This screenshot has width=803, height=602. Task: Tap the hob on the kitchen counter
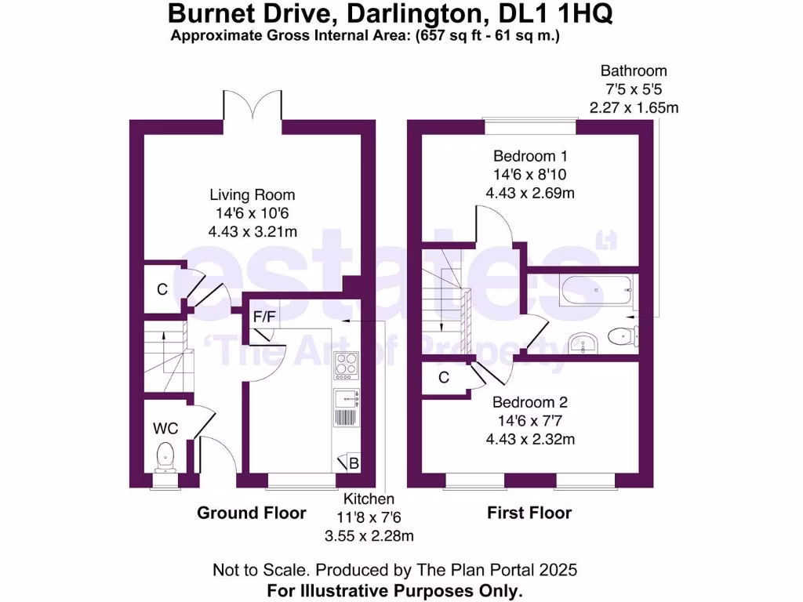tap(347, 364)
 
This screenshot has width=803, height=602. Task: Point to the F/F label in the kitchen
tap(263, 317)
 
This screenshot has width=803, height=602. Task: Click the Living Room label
tap(252, 195)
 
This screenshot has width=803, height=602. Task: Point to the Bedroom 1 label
tap(529, 155)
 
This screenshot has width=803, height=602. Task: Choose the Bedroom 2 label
tap(529, 403)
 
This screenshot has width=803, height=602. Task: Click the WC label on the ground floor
tap(165, 429)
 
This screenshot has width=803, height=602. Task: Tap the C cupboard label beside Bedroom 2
tap(444, 378)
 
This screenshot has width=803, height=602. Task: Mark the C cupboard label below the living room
tap(162, 289)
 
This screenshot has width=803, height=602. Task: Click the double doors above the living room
tap(252, 106)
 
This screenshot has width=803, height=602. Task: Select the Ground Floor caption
tap(252, 513)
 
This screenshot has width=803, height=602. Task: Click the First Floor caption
tap(529, 513)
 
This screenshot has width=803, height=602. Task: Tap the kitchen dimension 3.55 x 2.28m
tap(371, 536)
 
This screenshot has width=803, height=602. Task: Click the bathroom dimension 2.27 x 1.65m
tap(634, 107)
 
